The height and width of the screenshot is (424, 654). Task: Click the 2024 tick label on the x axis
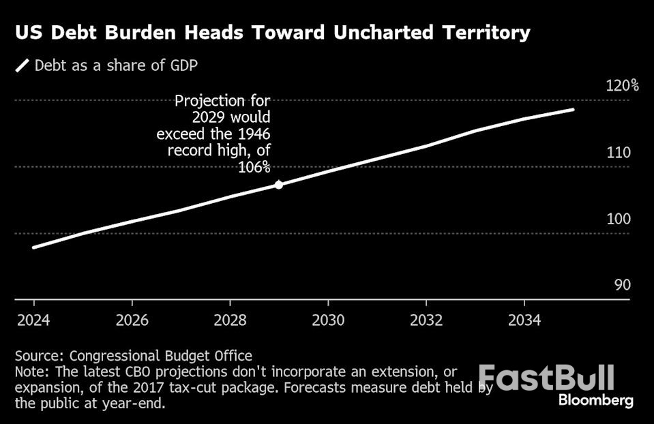point(33,320)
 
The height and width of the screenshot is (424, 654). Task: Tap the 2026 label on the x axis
point(132,320)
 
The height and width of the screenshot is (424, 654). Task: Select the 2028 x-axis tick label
point(230,320)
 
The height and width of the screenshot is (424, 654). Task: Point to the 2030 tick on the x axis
point(328,320)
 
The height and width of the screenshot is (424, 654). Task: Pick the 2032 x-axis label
point(426,320)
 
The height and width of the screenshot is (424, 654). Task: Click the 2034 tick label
point(524,320)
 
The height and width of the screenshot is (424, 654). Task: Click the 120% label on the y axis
point(622,86)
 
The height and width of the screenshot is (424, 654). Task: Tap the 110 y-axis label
point(618,153)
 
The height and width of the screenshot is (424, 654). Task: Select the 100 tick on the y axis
point(618,219)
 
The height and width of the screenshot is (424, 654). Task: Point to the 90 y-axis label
point(622,285)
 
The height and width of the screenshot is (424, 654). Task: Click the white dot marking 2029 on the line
point(278,184)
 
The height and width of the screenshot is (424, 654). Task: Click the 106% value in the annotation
point(254,166)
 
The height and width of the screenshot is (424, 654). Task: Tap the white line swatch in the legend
point(23,65)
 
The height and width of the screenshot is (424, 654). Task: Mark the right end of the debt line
point(573,109)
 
